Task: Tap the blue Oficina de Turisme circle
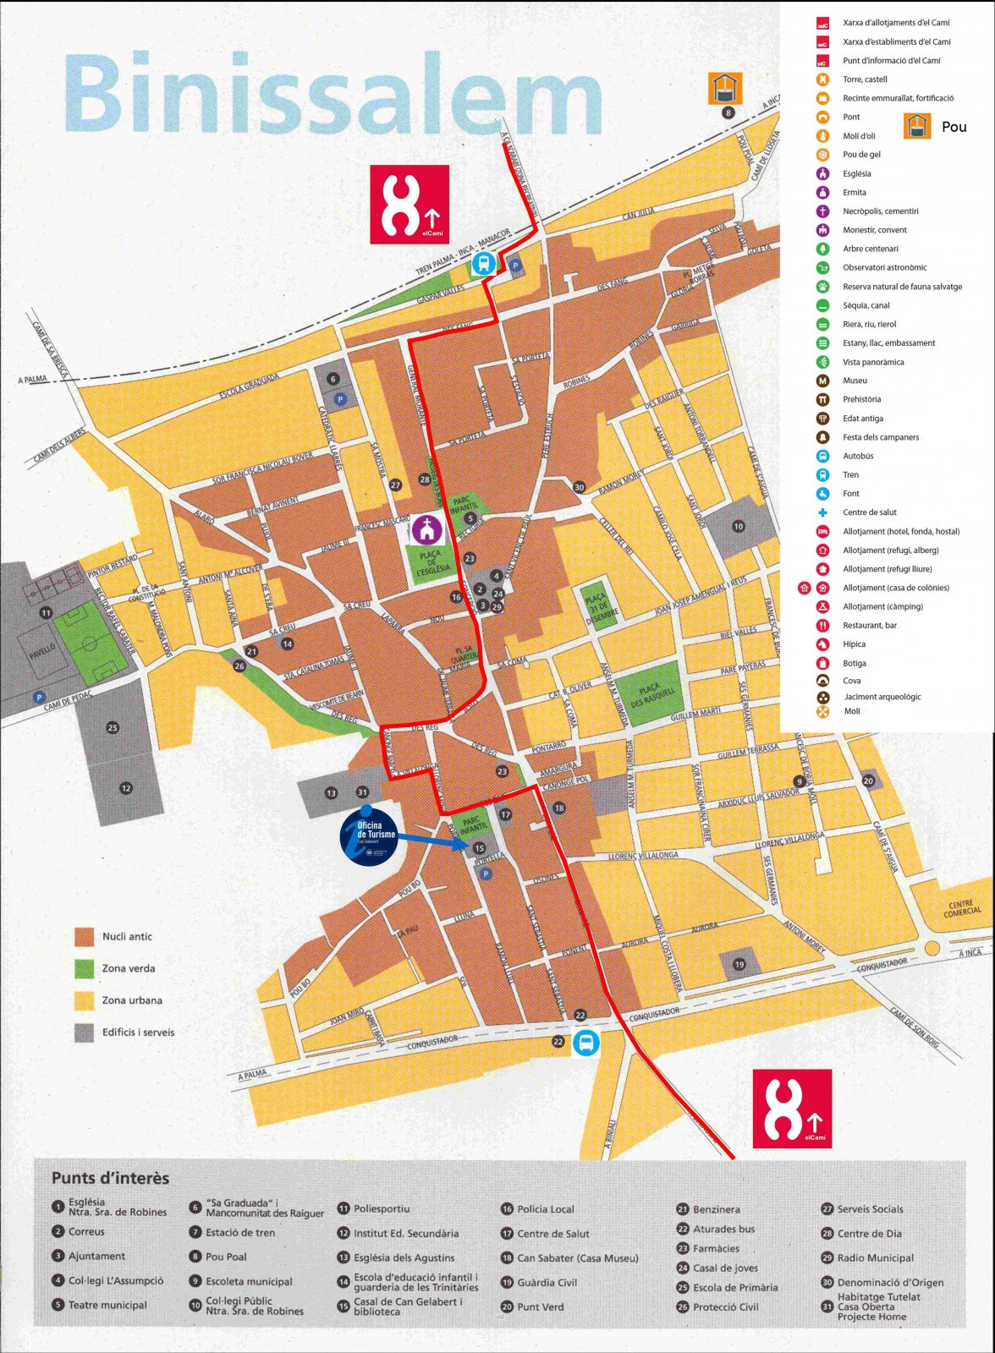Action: point(368,836)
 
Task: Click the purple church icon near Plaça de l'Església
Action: point(427,530)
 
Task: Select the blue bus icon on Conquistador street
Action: point(585,1042)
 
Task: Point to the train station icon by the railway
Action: point(483,264)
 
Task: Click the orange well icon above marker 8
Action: point(725,88)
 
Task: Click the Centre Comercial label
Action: point(962,907)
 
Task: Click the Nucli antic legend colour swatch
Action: point(85,936)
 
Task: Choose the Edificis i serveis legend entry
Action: point(138,1032)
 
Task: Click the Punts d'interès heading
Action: point(110,1178)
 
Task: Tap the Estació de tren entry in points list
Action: point(240,1233)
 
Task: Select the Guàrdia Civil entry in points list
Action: point(547,1283)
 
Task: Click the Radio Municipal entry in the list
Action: point(875,1258)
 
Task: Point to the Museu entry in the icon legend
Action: point(855,381)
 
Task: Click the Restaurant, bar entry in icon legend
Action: point(869,626)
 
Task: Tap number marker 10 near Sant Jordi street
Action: point(738,527)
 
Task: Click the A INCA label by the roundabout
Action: point(970,953)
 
